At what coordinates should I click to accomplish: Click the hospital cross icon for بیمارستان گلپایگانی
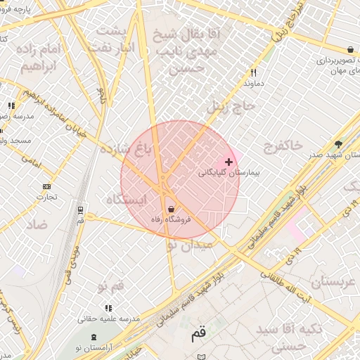(x=228, y=162)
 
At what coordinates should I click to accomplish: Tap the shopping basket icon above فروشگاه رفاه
(x=172, y=208)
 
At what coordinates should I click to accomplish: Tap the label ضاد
(x=37, y=224)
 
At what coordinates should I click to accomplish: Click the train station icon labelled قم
(x=81, y=210)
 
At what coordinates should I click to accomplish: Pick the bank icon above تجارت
(x=46, y=186)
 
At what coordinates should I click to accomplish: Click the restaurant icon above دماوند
(x=253, y=72)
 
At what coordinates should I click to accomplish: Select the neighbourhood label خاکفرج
(x=283, y=145)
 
